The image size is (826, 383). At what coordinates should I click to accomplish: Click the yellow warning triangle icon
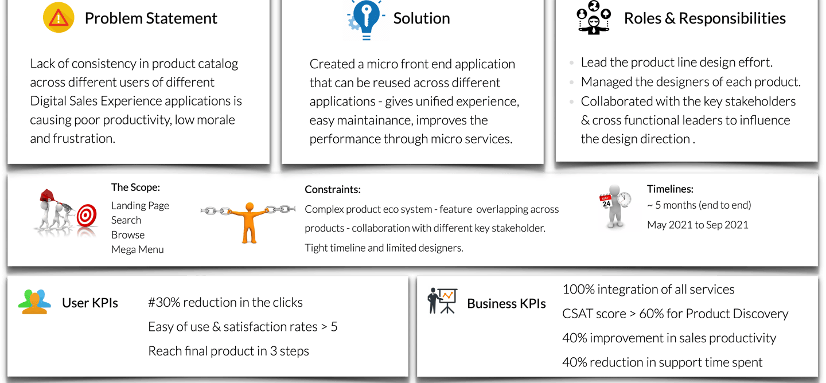click(59, 18)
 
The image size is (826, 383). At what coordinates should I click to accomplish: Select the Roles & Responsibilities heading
click(704, 18)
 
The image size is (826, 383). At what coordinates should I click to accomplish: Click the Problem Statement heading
click(151, 18)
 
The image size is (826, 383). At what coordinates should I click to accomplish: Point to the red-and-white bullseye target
click(87, 216)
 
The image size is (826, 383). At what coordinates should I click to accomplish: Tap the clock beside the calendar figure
click(624, 199)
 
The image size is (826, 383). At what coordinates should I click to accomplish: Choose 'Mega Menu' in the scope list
click(138, 249)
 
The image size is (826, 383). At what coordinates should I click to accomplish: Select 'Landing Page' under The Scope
click(140, 205)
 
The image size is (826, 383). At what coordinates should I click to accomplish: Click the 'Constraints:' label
click(333, 190)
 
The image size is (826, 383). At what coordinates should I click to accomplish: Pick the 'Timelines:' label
click(670, 189)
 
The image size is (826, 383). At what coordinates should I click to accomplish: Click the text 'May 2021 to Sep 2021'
click(698, 225)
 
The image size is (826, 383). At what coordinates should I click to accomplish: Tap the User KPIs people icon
click(34, 302)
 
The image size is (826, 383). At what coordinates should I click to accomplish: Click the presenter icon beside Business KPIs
click(442, 301)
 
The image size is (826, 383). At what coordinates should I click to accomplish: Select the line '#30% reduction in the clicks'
click(225, 302)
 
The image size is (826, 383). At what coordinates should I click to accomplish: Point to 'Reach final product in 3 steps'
click(228, 351)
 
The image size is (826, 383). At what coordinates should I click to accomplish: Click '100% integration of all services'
click(648, 290)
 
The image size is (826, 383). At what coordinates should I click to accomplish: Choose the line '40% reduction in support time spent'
click(662, 362)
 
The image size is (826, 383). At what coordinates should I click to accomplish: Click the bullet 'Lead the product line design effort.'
click(676, 62)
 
